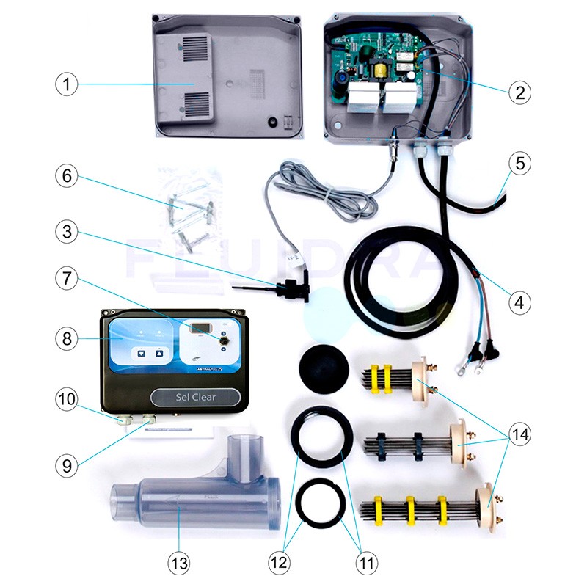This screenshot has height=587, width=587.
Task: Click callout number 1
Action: tap(66, 84)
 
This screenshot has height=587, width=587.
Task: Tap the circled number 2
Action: tap(519, 92)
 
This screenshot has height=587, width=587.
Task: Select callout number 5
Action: tap(519, 164)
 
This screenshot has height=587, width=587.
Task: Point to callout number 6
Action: tap(66, 177)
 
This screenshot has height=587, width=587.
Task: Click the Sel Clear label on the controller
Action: tap(195, 397)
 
